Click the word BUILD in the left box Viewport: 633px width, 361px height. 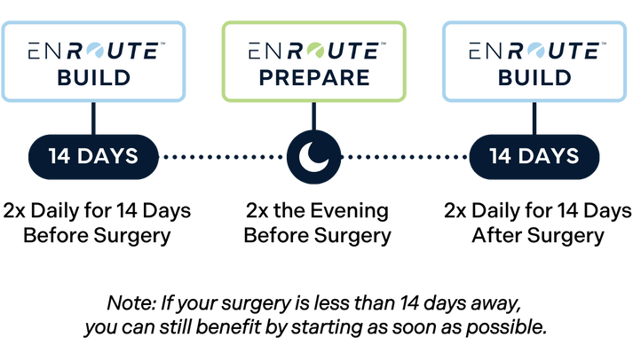(x=93, y=77)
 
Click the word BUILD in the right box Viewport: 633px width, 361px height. (x=534, y=77)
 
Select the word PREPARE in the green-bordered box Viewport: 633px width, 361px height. (x=314, y=77)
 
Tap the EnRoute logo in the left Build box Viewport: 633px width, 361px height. (x=93, y=51)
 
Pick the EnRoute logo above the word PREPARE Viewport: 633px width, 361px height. (x=314, y=51)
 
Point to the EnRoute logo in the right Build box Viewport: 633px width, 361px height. (x=534, y=51)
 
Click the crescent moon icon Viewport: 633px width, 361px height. (x=313, y=157)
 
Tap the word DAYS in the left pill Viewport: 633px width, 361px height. (x=107, y=157)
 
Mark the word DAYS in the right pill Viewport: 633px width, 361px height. (x=548, y=157)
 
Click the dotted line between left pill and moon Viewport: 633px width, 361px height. (x=222, y=157)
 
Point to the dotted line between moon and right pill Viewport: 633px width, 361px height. (x=405, y=157)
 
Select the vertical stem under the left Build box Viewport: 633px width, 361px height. (x=93, y=118)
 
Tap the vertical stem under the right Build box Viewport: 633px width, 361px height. (x=534, y=118)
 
